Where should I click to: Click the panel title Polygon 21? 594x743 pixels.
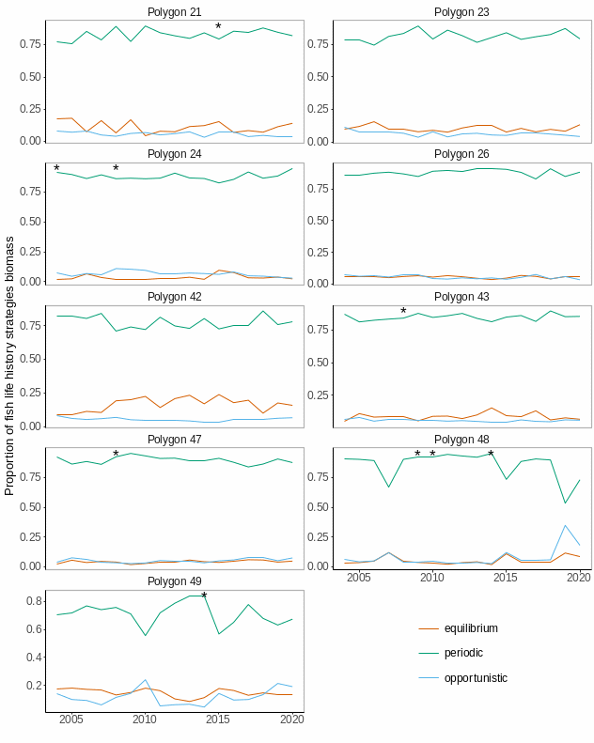tap(174, 11)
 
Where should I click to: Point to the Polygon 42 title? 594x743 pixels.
tap(174, 296)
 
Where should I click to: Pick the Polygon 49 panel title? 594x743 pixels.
tap(174, 581)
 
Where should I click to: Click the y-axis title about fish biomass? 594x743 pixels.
tap(10, 366)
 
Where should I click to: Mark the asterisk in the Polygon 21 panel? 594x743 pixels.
tap(218, 27)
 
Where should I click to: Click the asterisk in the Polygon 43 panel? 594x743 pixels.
tap(403, 312)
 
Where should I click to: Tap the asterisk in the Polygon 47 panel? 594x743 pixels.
tap(116, 455)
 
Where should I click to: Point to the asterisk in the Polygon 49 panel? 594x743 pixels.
tap(204, 596)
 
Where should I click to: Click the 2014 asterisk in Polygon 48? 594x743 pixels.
tap(491, 455)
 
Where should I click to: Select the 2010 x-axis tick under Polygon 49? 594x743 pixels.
tap(145, 720)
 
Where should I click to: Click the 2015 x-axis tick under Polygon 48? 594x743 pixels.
tap(506, 577)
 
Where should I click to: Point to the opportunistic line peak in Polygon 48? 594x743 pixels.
tap(565, 525)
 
